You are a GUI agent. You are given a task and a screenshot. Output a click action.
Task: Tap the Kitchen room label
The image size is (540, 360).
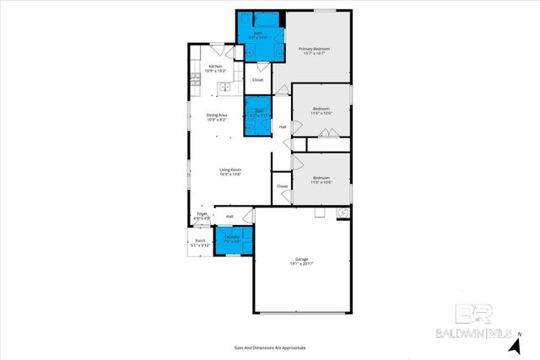[x=215, y=67]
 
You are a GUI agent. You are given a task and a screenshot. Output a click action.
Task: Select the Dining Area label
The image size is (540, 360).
[x=218, y=117]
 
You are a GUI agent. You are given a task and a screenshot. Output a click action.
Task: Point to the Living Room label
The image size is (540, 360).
[x=230, y=172]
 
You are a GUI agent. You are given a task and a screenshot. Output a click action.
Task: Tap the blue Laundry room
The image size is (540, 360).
[x=233, y=239]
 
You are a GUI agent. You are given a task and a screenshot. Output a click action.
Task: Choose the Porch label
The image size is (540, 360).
[x=201, y=243]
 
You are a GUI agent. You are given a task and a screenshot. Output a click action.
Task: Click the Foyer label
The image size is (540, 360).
[x=202, y=216]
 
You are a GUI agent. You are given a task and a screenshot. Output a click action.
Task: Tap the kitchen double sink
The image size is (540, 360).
[x=224, y=87]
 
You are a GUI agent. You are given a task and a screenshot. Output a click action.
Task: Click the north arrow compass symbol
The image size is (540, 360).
[x=516, y=343]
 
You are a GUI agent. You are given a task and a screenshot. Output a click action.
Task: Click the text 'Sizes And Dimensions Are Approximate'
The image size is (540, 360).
[x=270, y=347]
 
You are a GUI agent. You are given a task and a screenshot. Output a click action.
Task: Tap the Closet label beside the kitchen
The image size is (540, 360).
[x=257, y=80]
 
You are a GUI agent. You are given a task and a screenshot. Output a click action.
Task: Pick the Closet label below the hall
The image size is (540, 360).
[x=282, y=186]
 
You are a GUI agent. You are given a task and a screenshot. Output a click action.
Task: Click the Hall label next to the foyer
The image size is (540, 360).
[x=229, y=216]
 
